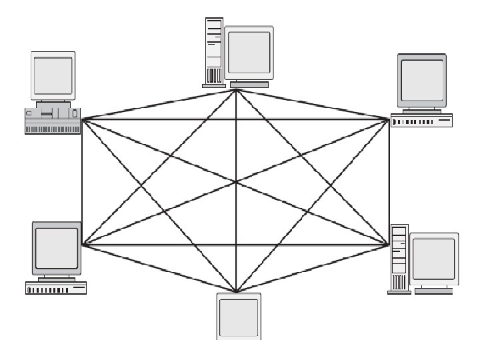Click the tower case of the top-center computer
click(213, 50)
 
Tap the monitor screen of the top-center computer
click(249, 52)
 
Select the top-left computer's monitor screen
click(53, 75)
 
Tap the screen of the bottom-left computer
click(57, 247)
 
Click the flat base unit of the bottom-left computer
click(56, 288)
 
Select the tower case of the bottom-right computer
click(398, 257)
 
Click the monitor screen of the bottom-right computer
click(434, 259)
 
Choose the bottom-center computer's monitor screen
click(238, 319)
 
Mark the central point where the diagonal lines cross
click(236, 182)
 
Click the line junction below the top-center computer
click(236, 90)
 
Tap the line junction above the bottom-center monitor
click(236, 291)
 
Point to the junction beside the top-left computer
click(83, 119)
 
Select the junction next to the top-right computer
click(389, 119)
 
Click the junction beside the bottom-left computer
click(83, 245)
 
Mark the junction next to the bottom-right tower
click(389, 245)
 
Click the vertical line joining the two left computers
click(82, 182)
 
